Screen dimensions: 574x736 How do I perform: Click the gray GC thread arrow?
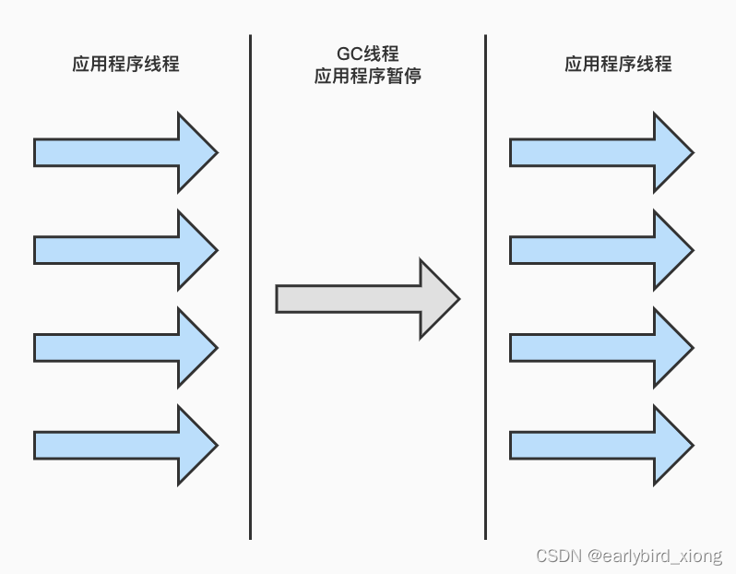pos(360,299)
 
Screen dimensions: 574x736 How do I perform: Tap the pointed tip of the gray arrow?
pos(455,299)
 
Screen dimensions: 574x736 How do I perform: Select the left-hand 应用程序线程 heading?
pos(125,64)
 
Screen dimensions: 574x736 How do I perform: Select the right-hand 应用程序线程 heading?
pos(618,64)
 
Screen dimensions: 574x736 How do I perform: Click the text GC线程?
pos(367,54)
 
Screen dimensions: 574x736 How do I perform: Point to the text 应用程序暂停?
pos(367,77)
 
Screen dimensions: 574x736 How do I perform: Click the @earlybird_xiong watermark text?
pos(657,556)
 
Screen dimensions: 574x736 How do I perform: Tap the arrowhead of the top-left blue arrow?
pos(196,152)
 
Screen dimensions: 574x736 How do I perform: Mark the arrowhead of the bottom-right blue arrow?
pos(671,445)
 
